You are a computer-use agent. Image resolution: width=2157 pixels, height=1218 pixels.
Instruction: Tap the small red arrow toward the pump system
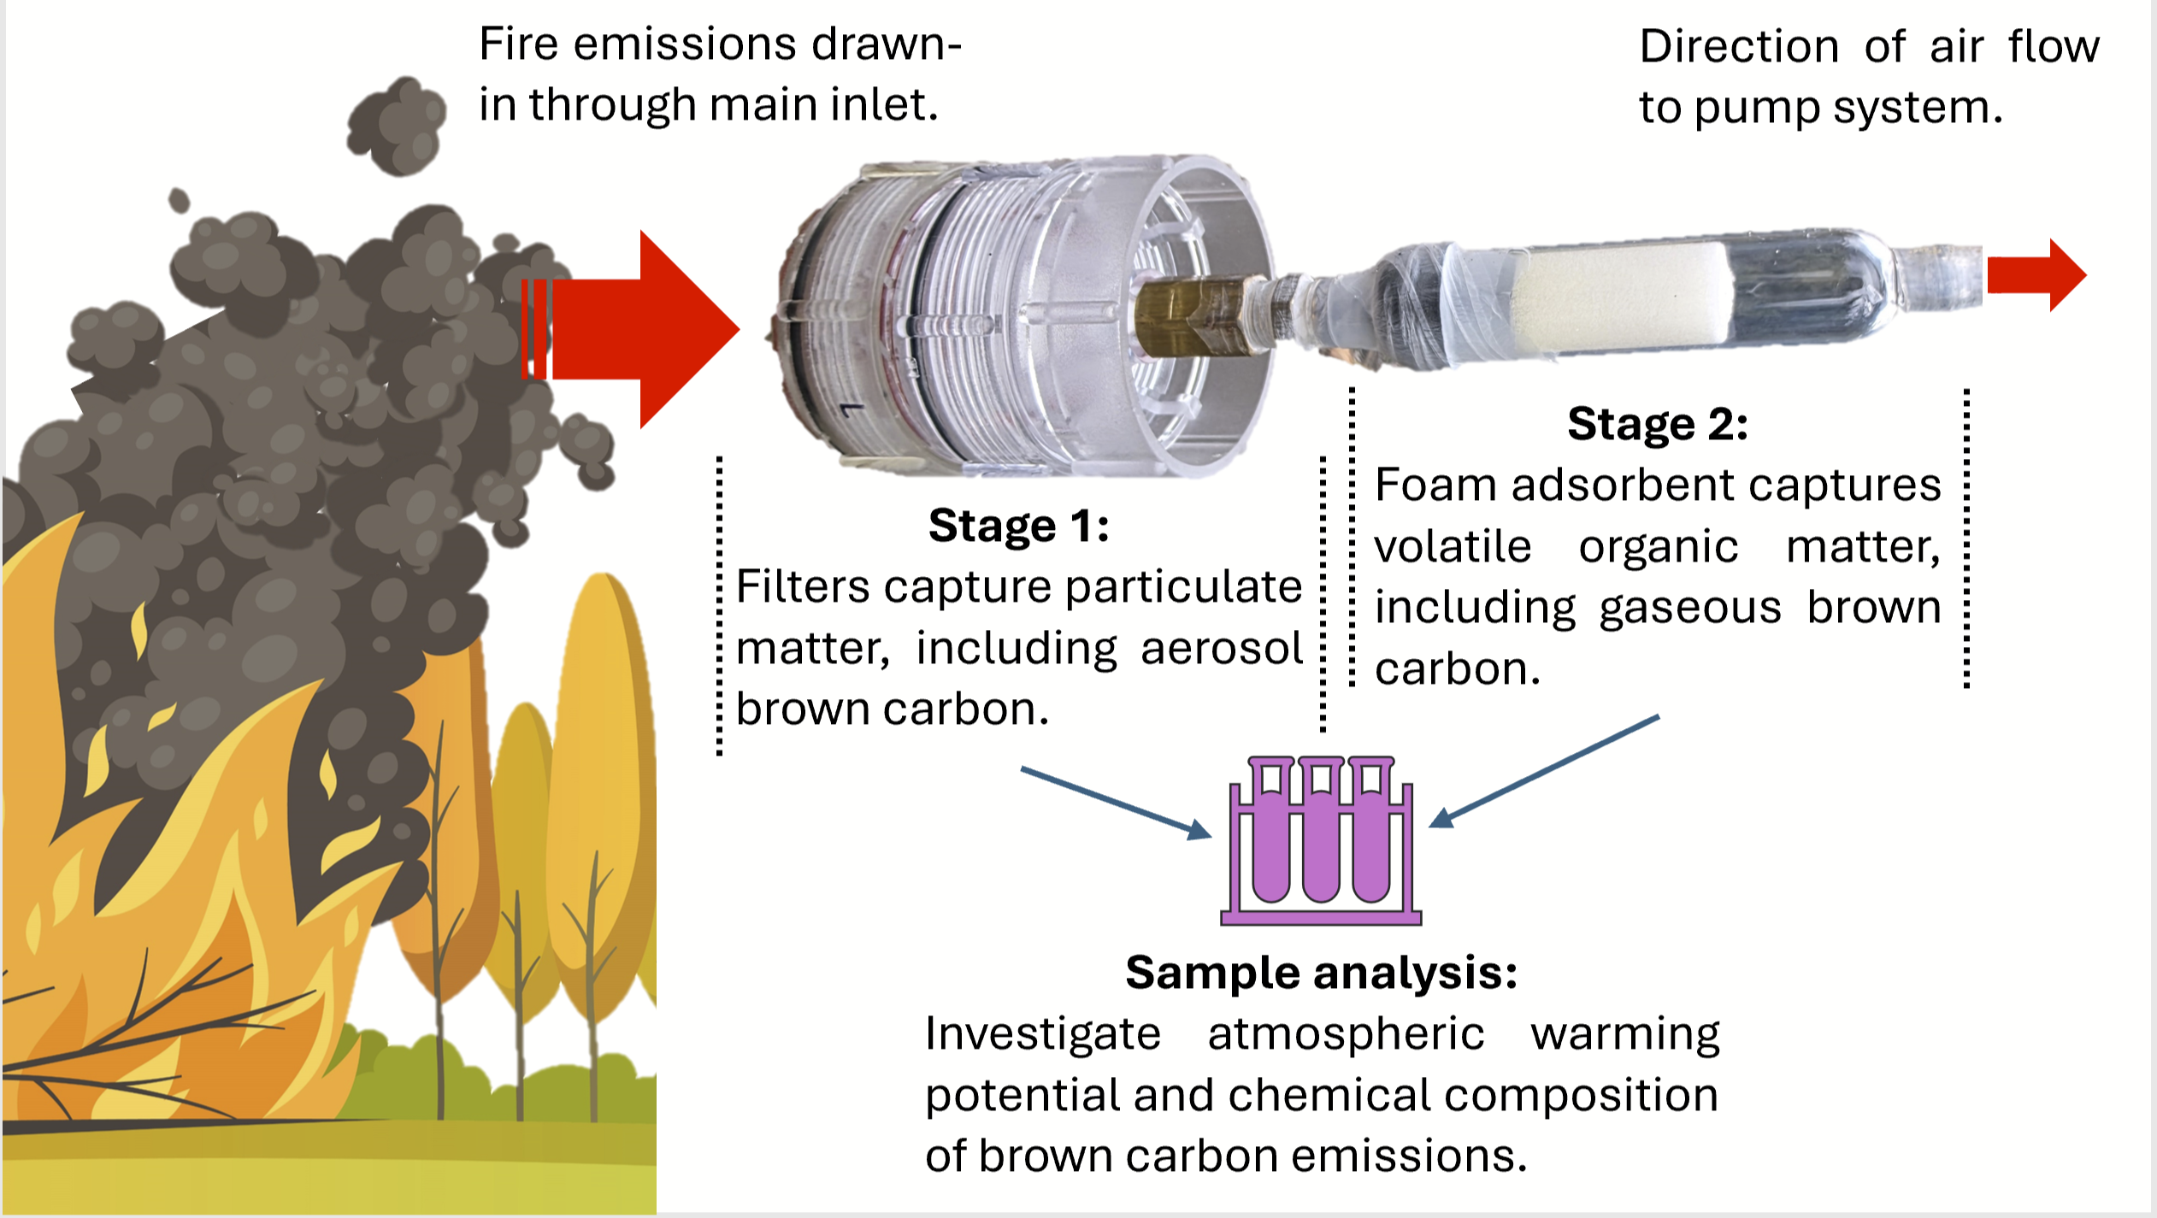pyautogui.click(x=2035, y=274)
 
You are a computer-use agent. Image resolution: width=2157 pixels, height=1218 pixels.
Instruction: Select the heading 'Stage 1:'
pyautogui.click(x=1018, y=525)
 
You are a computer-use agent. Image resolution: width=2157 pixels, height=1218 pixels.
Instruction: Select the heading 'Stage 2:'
pyautogui.click(x=1657, y=424)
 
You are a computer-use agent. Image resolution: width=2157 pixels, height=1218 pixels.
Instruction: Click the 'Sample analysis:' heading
pyautogui.click(x=1321, y=973)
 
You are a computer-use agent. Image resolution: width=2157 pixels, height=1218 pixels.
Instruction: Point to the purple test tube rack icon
pyautogui.click(x=1321, y=842)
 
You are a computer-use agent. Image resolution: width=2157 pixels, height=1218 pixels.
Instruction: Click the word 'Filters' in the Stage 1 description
pyautogui.click(x=803, y=587)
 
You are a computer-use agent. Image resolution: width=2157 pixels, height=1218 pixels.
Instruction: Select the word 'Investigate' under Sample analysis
pyautogui.click(x=1042, y=1033)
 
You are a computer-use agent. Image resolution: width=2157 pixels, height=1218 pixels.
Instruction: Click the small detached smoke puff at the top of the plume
pyautogui.click(x=398, y=124)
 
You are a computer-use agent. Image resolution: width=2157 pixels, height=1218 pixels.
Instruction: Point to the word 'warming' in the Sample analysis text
pyautogui.click(x=1624, y=1035)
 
